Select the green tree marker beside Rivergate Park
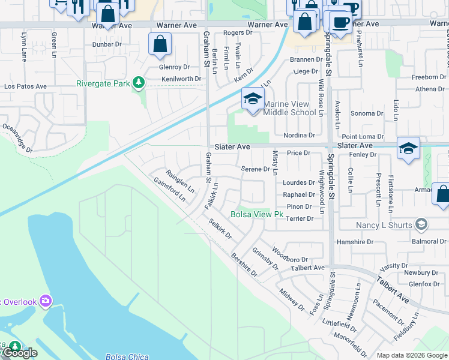[139, 82]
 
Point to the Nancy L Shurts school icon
[422, 225]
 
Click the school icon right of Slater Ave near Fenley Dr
[408, 149]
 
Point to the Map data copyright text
[411, 355]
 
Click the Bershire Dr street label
[244, 265]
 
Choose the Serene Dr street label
[255, 169]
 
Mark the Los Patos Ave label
[25, 86]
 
